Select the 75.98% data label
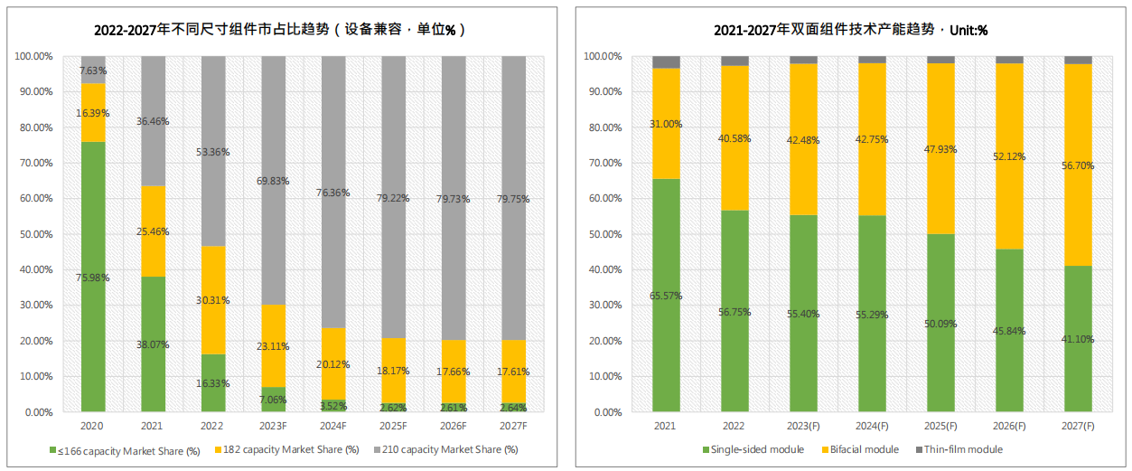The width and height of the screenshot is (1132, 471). click(x=93, y=278)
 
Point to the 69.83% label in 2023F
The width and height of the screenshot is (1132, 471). click(x=273, y=181)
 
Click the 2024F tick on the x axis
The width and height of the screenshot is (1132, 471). click(x=333, y=425)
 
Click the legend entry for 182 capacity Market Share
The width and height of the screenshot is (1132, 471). click(x=286, y=449)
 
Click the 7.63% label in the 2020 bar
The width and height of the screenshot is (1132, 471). click(x=93, y=71)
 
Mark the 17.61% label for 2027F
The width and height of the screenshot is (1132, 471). click(x=513, y=371)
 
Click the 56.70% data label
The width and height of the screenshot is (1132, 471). click(x=1078, y=165)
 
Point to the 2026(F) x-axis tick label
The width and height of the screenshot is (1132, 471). click(x=1009, y=425)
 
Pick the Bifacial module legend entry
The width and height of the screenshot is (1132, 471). click(x=863, y=449)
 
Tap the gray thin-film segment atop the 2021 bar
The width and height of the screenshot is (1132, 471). click(x=666, y=61)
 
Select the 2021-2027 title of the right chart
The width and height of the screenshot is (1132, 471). click(x=850, y=30)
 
